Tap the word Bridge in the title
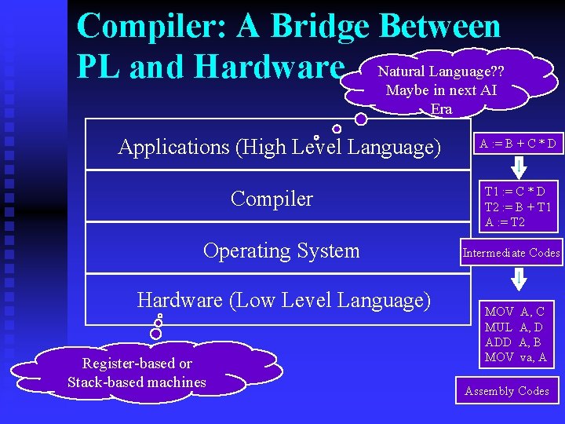(x=318, y=26)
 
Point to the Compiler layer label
(x=272, y=199)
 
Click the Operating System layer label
(x=281, y=250)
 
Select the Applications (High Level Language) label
(x=279, y=147)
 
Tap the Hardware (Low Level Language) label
(x=284, y=300)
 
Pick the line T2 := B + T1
(x=518, y=207)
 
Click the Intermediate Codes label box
(x=511, y=253)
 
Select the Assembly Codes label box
(x=507, y=390)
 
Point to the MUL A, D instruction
(x=514, y=327)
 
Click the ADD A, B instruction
(x=514, y=342)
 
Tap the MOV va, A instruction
(x=516, y=358)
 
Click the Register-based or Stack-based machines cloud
(x=137, y=373)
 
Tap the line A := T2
(x=505, y=222)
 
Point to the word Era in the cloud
(x=442, y=109)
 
